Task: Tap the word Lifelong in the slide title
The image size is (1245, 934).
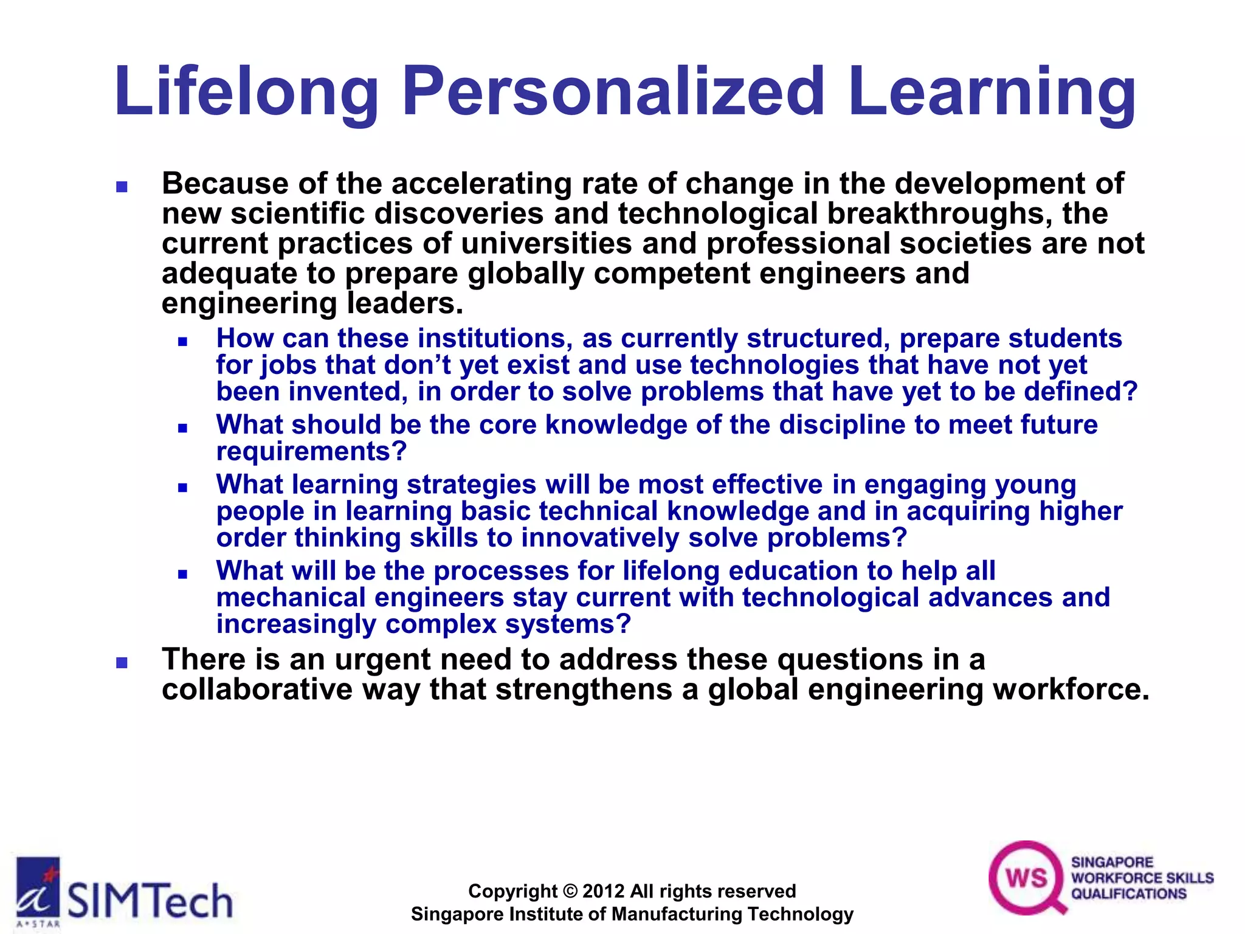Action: tap(246, 92)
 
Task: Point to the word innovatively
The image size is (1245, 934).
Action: tap(600, 538)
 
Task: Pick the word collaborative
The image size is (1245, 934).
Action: tap(257, 690)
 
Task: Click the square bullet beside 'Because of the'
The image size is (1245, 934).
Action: tap(122, 187)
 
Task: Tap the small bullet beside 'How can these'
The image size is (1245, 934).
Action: tap(182, 342)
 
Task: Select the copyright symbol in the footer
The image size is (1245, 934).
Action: tap(570, 891)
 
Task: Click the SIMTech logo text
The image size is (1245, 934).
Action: tap(150, 901)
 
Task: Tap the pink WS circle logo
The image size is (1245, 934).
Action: tap(1027, 877)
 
